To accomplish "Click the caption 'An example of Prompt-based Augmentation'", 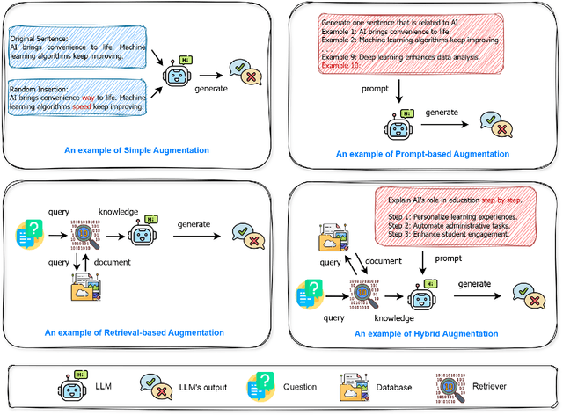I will [422, 154].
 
